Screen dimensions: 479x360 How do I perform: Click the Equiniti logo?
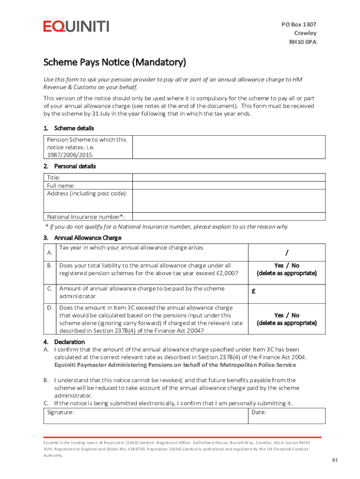76,26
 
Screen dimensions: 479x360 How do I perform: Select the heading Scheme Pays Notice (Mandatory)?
115,62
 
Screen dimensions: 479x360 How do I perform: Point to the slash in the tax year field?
287,253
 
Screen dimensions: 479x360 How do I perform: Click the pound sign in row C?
253,291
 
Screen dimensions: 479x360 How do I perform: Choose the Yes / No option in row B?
287,266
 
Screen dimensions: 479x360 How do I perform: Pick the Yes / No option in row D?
287,315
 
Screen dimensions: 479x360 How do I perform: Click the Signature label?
60,413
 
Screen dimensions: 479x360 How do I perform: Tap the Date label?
259,413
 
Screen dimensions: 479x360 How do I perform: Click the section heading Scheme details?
74,128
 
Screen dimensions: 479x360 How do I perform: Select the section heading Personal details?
75,166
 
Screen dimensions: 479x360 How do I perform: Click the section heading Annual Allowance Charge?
88,238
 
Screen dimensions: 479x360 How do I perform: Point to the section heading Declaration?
69,342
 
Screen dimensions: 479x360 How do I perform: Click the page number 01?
335,460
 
